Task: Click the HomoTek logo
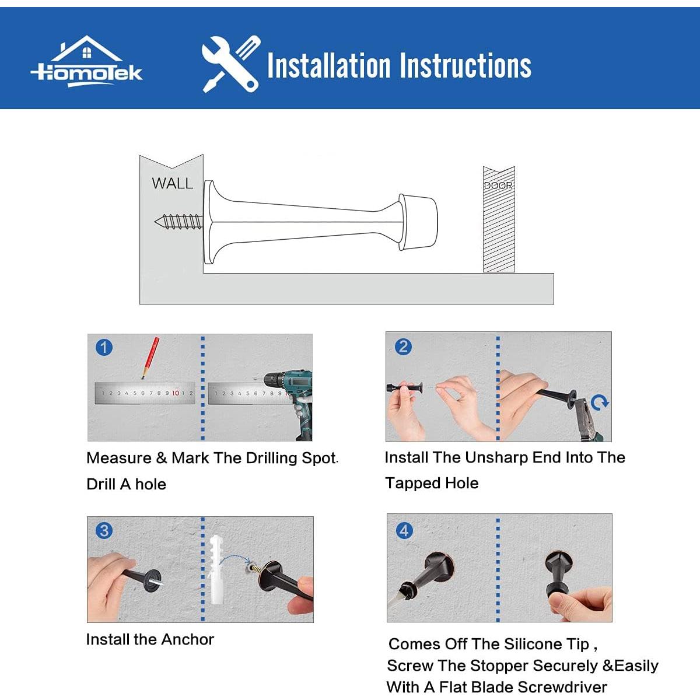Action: (86, 62)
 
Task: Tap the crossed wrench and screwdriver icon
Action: (231, 64)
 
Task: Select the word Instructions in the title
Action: (466, 66)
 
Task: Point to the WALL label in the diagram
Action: (173, 183)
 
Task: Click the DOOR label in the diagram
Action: (498, 185)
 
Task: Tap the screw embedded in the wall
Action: (178, 221)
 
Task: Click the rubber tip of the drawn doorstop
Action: (418, 222)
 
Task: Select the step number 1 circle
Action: (104, 348)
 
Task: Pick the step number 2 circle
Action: (403, 346)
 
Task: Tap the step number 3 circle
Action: (104, 531)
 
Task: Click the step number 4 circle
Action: (404, 531)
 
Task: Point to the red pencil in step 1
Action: (150, 358)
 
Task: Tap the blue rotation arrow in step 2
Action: (600, 403)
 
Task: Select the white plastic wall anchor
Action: (218, 569)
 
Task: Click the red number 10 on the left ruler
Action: (176, 393)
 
